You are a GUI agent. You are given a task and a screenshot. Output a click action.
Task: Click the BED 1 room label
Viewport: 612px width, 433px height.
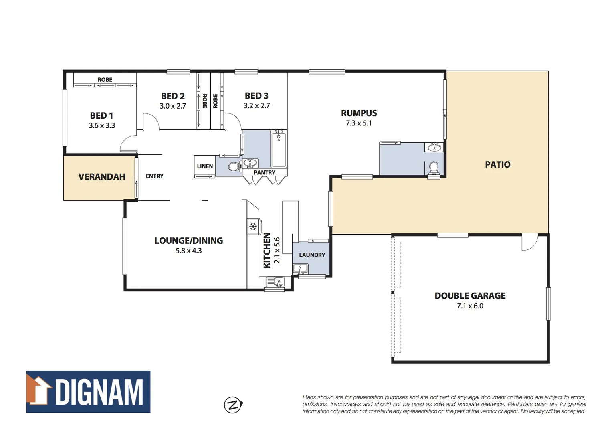coord(101,115)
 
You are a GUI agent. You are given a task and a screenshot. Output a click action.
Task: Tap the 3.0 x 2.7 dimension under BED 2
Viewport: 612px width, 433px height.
coord(173,106)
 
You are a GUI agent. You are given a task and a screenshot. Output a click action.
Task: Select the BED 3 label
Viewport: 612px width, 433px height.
coord(257,96)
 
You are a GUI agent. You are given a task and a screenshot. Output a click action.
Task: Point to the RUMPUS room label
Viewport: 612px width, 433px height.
coord(359,113)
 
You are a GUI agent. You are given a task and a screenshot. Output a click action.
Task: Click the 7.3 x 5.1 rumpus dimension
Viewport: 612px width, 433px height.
coord(359,123)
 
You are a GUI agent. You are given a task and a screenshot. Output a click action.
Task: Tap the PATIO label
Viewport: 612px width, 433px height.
coord(497,164)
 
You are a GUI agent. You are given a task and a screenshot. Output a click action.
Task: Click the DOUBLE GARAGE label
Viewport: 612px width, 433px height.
coord(470,296)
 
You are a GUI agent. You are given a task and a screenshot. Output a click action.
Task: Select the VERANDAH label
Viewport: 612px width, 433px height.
coord(102,177)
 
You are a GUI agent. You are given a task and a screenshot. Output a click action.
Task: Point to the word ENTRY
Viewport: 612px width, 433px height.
coord(154,176)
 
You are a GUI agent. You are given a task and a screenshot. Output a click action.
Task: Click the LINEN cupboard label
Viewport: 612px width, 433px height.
coord(205,166)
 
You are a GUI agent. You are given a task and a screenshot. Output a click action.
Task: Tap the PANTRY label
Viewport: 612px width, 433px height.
coord(265,173)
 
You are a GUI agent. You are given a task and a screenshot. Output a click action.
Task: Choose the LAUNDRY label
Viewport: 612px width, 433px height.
coord(312,255)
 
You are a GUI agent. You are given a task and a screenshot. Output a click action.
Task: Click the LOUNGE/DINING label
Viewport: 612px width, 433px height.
coord(188,241)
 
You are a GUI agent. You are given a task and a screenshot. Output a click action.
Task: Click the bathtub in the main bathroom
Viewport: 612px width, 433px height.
coord(279,149)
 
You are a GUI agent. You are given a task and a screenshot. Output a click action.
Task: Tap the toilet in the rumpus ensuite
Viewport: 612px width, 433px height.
coord(434,167)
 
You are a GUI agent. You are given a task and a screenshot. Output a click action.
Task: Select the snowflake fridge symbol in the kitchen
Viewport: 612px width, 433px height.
coord(253,227)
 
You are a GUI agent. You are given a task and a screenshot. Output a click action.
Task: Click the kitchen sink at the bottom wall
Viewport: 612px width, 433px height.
coord(275,282)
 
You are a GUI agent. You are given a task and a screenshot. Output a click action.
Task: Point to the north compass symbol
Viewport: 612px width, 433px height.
coord(233,405)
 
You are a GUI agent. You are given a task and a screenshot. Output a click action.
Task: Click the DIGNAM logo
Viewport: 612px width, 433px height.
coord(88,392)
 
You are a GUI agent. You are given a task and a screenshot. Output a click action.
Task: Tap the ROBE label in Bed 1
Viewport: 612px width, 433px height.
coord(105,80)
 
